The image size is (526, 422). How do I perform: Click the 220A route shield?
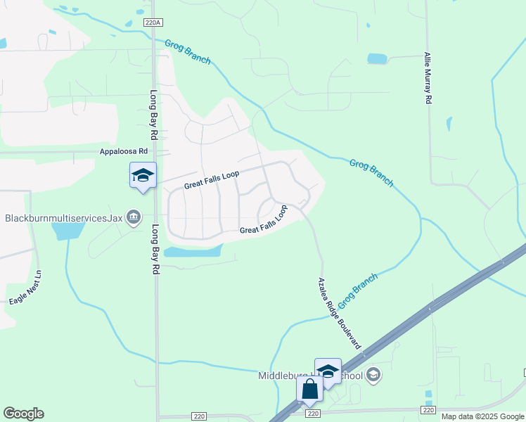click(153, 23)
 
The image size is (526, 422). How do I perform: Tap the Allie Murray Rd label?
click(427, 78)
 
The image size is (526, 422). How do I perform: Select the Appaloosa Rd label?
click(124, 151)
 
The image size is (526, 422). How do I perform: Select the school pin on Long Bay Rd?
click(143, 175)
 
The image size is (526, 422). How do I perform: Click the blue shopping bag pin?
click(309, 389)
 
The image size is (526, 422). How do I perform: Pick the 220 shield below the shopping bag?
click(313, 414)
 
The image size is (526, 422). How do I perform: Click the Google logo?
click(23, 414)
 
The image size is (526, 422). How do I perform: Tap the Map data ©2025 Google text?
click(482, 416)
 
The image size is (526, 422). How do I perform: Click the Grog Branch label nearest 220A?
click(188, 52)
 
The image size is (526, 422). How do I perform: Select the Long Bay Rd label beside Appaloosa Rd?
click(153, 115)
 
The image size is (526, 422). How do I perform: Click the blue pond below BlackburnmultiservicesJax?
click(68, 229)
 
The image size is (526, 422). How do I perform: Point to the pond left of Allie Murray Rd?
click(377, 58)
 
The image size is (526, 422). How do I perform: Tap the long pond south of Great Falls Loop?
click(193, 250)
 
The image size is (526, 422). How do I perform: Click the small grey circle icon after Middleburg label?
click(373, 375)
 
